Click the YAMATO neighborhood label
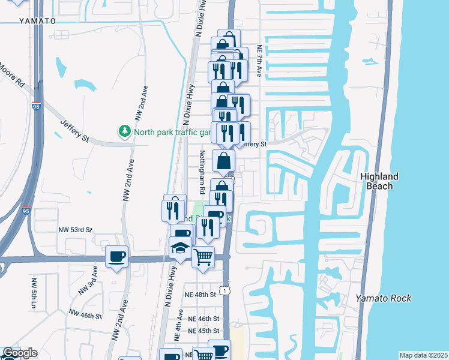click(37, 20)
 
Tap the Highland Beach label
click(379, 181)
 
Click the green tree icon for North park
click(125, 131)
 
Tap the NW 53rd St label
click(75, 229)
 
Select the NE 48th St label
click(200, 295)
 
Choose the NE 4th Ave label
click(179, 323)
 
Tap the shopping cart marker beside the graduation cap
click(203, 257)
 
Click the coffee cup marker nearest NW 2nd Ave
click(116, 257)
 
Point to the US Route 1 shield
click(224, 290)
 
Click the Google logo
click(20, 353)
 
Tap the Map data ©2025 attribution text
click(423, 355)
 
